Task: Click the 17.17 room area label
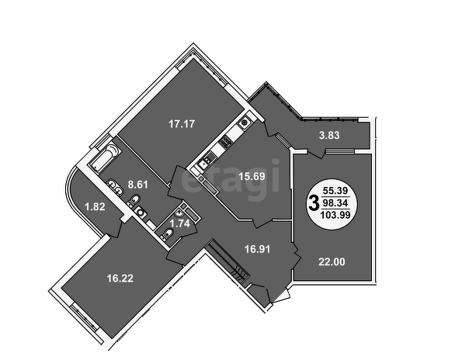pos(182,124)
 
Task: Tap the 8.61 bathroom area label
pos(137,185)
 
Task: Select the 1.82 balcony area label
pos(95,206)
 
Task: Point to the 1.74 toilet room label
pos(179,223)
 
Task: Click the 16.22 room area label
pos(120,279)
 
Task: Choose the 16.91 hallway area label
pos(257,249)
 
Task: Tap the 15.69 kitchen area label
pos(252,177)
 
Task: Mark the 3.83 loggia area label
pos(329,136)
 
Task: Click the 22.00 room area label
pos(332,261)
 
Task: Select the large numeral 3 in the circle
pos(314,203)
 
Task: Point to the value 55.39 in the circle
pos(335,191)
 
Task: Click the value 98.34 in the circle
pos(335,202)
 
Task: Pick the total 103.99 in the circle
pos(335,215)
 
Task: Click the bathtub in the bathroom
pos(105,157)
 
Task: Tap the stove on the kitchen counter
pos(226,143)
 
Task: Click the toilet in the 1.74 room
pos(168,235)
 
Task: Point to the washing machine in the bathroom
pos(141,212)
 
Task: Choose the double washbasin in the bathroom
pos(115,187)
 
